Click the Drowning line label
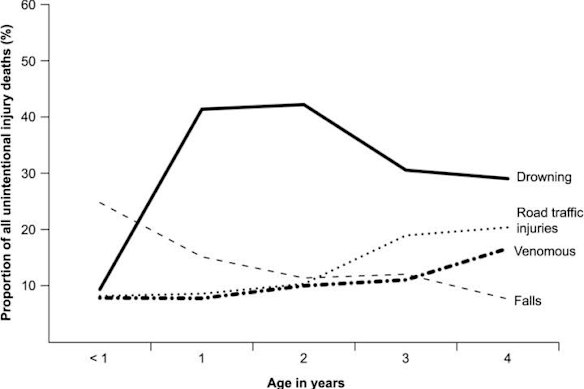[x=543, y=179]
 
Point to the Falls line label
[x=530, y=300]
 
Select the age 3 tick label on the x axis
[x=405, y=355]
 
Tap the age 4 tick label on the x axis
[x=507, y=355]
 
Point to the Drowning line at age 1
[x=202, y=109]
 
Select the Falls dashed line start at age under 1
[x=100, y=202]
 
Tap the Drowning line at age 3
[x=405, y=170]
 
